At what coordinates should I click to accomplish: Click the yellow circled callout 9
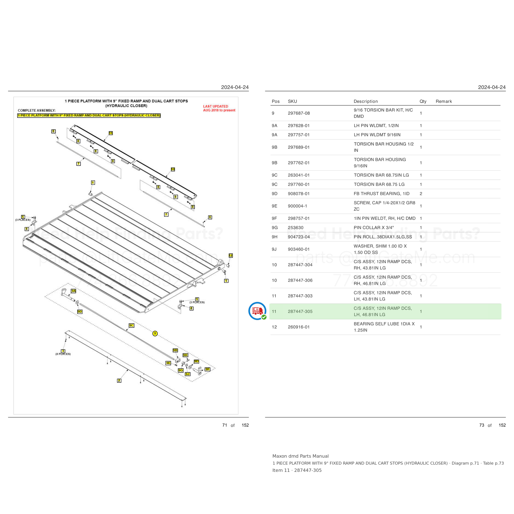point(155,333)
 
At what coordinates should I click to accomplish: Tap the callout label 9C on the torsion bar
point(131,325)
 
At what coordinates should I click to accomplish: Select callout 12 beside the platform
point(231,255)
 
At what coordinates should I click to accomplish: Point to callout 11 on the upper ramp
point(111,133)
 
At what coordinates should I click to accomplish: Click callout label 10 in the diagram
point(173,169)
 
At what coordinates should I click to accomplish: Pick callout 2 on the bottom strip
point(119,380)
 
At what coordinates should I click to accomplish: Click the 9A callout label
point(74,291)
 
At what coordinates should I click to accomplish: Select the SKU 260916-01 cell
point(299,327)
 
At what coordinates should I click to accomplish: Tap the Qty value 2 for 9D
point(421,194)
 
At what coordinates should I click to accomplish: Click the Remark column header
point(444,101)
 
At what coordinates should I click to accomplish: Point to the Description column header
point(366,101)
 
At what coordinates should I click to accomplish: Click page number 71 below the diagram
point(225,425)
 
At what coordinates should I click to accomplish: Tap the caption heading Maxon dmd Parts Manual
point(300,456)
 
